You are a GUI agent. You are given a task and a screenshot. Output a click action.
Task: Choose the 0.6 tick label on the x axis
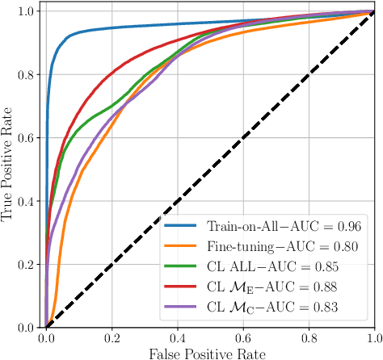[243, 338]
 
